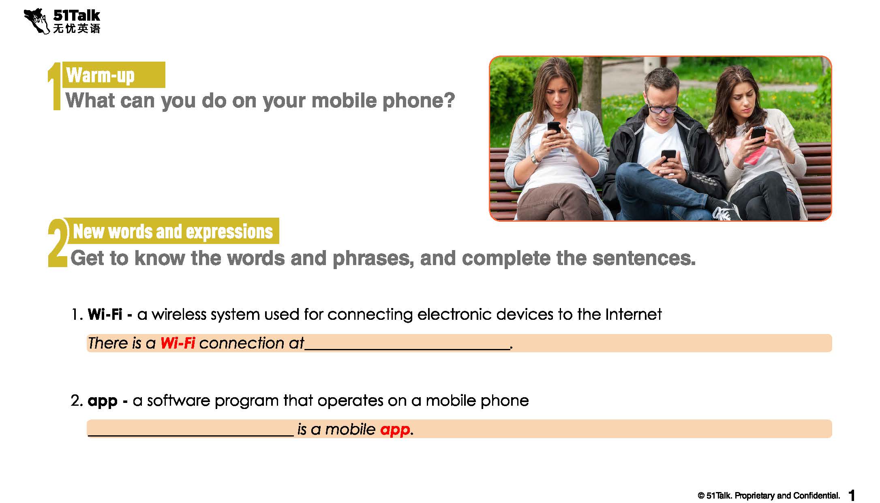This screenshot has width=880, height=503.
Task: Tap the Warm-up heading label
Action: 100,75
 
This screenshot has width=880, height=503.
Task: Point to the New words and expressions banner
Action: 173,231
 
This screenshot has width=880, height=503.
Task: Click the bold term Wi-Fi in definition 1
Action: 105,314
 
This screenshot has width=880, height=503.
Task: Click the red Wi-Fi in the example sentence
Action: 178,343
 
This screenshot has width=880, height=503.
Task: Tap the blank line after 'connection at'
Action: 407,349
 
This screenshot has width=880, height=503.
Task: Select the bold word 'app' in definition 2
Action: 103,401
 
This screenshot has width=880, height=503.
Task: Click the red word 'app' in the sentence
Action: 395,430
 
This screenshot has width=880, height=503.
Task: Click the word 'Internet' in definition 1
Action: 634,314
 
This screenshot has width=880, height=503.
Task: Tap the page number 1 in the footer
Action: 852,495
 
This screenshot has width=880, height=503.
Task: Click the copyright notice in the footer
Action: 769,495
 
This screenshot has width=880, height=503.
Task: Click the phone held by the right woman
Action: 758,134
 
